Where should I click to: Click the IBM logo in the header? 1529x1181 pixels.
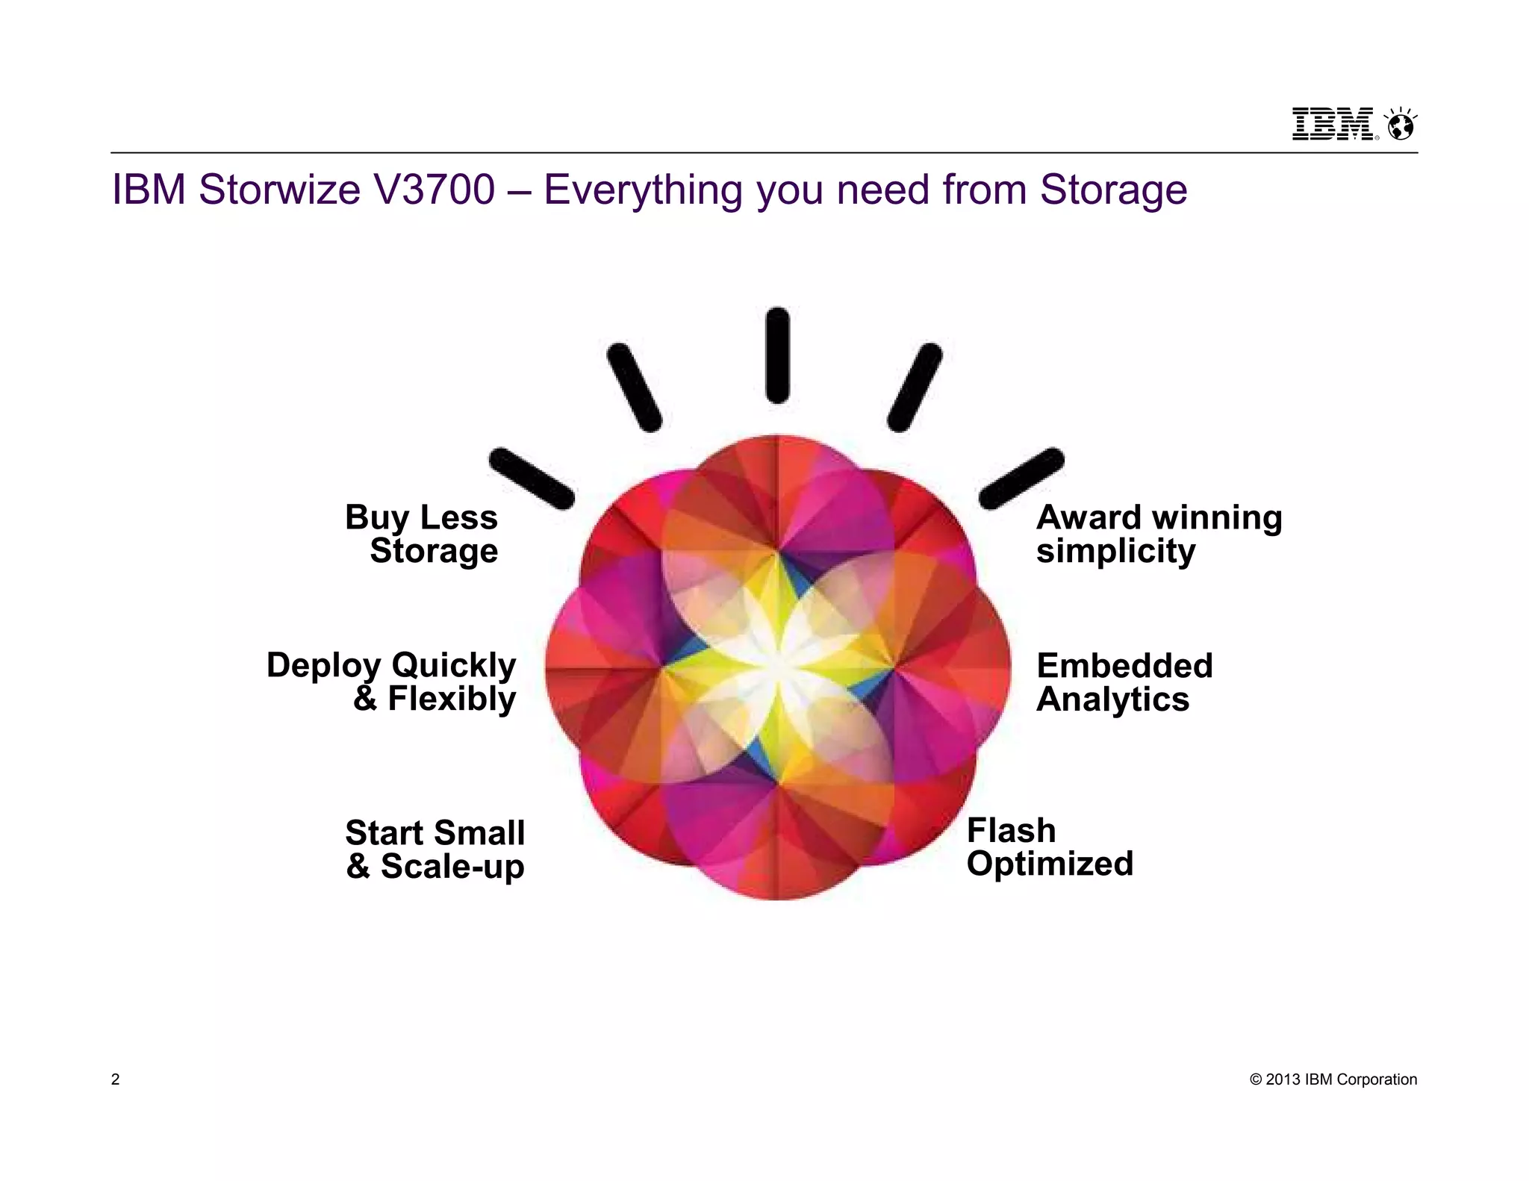(1333, 124)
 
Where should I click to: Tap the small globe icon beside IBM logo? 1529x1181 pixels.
(1400, 125)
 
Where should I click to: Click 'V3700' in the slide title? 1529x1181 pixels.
(435, 189)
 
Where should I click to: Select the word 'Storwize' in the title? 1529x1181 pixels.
(280, 189)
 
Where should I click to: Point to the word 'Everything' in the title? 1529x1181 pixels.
(643, 190)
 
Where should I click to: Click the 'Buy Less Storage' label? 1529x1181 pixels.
(422, 534)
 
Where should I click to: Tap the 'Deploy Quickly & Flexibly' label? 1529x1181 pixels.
(391, 682)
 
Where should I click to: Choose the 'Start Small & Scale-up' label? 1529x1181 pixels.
(435, 850)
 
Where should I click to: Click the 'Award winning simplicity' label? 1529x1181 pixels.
(1159, 534)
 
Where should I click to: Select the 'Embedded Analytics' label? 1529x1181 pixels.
(1124, 682)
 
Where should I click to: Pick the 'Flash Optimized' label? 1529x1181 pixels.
(1050, 847)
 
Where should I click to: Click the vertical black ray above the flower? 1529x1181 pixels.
(777, 355)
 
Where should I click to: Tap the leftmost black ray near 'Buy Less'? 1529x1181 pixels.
(532, 479)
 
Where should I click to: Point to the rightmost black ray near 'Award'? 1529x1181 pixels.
(1021, 479)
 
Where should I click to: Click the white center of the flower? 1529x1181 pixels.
(776, 667)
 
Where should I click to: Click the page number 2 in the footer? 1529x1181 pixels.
(115, 1079)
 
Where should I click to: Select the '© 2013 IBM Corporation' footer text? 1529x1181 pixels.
(1333, 1079)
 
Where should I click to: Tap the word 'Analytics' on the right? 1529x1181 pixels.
(1112, 699)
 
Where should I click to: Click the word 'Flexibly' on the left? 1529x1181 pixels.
(452, 699)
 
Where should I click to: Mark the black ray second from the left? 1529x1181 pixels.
(635, 387)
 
